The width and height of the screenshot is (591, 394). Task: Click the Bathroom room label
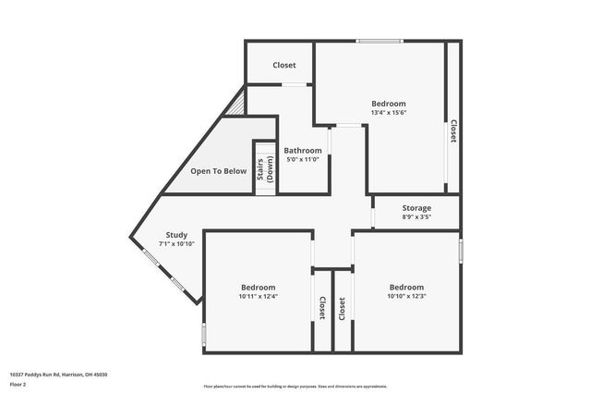point(303,151)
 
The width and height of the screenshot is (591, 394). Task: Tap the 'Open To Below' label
point(218,171)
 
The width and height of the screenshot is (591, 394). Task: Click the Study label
point(176,235)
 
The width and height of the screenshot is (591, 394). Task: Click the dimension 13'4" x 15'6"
point(389,112)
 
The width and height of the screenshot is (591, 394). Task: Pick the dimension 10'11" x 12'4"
point(258,296)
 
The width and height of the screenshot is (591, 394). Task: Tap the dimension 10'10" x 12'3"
point(406,296)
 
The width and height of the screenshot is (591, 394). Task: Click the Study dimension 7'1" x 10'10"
point(176,243)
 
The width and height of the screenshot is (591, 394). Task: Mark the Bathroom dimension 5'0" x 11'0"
point(303,159)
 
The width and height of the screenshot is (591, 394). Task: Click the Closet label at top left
point(283,66)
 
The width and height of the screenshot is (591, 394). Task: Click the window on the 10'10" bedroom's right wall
point(460,249)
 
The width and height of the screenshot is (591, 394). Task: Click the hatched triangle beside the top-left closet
point(238,102)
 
